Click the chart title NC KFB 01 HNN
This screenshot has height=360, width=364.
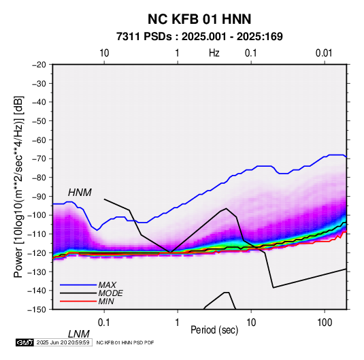coord(199,19)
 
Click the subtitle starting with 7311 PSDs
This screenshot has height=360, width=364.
coord(199,37)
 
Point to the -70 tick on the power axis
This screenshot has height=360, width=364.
coord(39,159)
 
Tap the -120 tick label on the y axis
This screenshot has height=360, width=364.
coord(37,252)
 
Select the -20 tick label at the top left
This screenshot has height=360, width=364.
coord(39,65)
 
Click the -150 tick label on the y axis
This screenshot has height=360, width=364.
coord(37,310)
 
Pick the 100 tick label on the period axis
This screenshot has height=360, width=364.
coord(325,323)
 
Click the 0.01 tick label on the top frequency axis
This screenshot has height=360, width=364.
coord(324,53)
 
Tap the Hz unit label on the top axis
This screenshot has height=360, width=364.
coord(214,53)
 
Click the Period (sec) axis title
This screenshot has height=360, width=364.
coord(214,330)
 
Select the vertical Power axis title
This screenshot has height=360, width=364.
coord(18,186)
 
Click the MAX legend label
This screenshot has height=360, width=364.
coord(107,285)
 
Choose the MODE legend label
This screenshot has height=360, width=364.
coord(110,293)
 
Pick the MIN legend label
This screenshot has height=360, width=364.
coord(106,301)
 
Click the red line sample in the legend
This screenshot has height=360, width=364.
coord(78,301)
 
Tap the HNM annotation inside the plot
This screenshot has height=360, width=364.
coord(80,193)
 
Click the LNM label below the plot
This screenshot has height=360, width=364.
coord(79,334)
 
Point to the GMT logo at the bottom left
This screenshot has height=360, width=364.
coord(24,342)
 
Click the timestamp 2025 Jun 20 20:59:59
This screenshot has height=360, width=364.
coord(63,342)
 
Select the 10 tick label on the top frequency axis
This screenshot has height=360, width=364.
coord(104,53)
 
